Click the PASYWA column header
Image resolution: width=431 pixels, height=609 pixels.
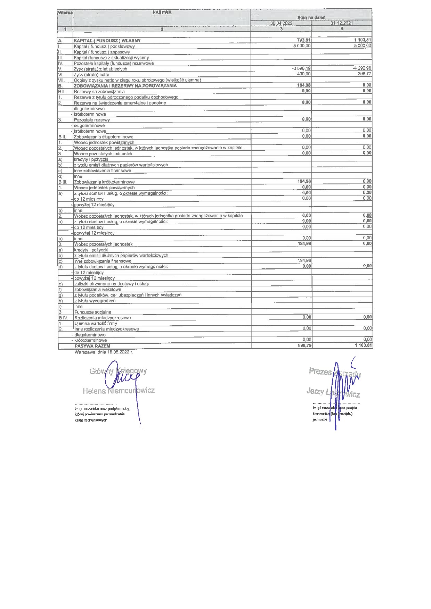click(x=162, y=12)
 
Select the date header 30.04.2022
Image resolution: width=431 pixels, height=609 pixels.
click(x=281, y=23)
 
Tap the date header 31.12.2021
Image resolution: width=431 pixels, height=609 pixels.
click(x=342, y=23)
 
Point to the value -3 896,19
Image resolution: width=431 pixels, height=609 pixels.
click(x=301, y=68)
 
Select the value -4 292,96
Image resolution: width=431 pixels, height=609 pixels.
click(x=362, y=68)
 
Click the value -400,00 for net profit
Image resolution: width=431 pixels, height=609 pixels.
click(x=303, y=74)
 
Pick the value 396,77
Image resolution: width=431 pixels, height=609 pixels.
click(x=364, y=74)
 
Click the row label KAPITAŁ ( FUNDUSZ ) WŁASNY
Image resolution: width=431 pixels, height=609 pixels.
click(x=107, y=41)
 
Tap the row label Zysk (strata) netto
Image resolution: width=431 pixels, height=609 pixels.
click(x=91, y=75)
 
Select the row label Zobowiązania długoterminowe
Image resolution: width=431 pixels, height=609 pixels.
click(x=103, y=137)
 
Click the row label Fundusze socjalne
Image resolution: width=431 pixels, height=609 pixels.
click(x=92, y=312)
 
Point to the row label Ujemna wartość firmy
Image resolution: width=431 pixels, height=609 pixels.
click(x=96, y=323)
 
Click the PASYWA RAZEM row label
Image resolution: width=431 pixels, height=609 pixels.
click(x=92, y=346)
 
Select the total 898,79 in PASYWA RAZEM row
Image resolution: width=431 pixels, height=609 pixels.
click(x=304, y=346)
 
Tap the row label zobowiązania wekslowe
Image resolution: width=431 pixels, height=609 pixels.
click(x=98, y=290)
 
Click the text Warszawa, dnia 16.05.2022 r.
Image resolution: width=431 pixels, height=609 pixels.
click(x=104, y=352)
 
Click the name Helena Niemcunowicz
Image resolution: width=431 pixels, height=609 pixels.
click(x=119, y=391)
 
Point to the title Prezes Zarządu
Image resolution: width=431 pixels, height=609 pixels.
click(x=335, y=373)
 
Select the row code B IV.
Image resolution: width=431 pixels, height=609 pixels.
click(x=63, y=318)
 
